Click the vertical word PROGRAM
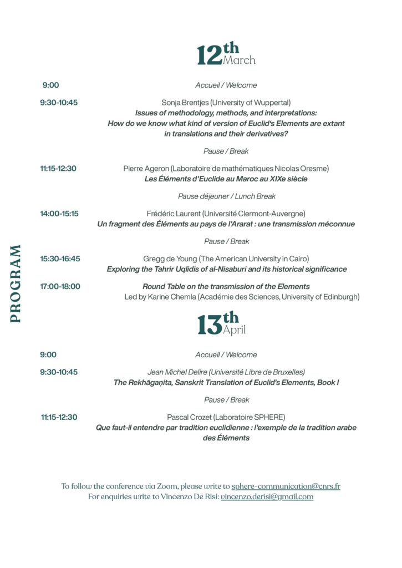tap(15, 283)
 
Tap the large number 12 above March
tap(210, 55)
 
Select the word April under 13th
tap(234, 330)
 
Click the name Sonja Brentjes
tap(184, 103)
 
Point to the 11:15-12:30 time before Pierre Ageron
tap(58, 169)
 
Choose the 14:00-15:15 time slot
tap(59, 214)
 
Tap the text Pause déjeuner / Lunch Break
tap(226, 196)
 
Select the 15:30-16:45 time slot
tap(60, 258)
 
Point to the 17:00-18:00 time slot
tap(60, 286)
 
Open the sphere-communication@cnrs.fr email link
tap(286, 486)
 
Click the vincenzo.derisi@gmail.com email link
tap(267, 497)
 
